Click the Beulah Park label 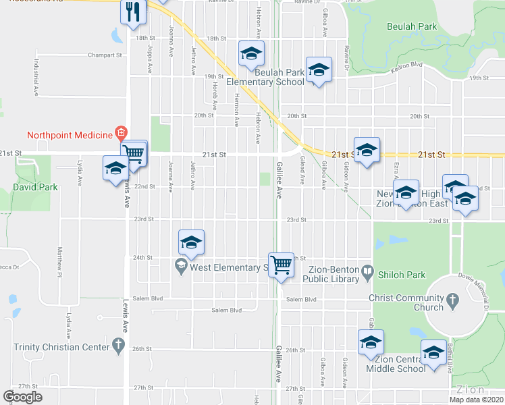412,27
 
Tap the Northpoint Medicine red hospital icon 121,132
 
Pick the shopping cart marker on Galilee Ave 281,263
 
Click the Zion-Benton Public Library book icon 367,273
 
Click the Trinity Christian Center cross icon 118,347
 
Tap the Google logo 22,397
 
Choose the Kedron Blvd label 408,65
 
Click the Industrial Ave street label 35,69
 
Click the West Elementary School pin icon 180,267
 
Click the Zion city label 470,389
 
